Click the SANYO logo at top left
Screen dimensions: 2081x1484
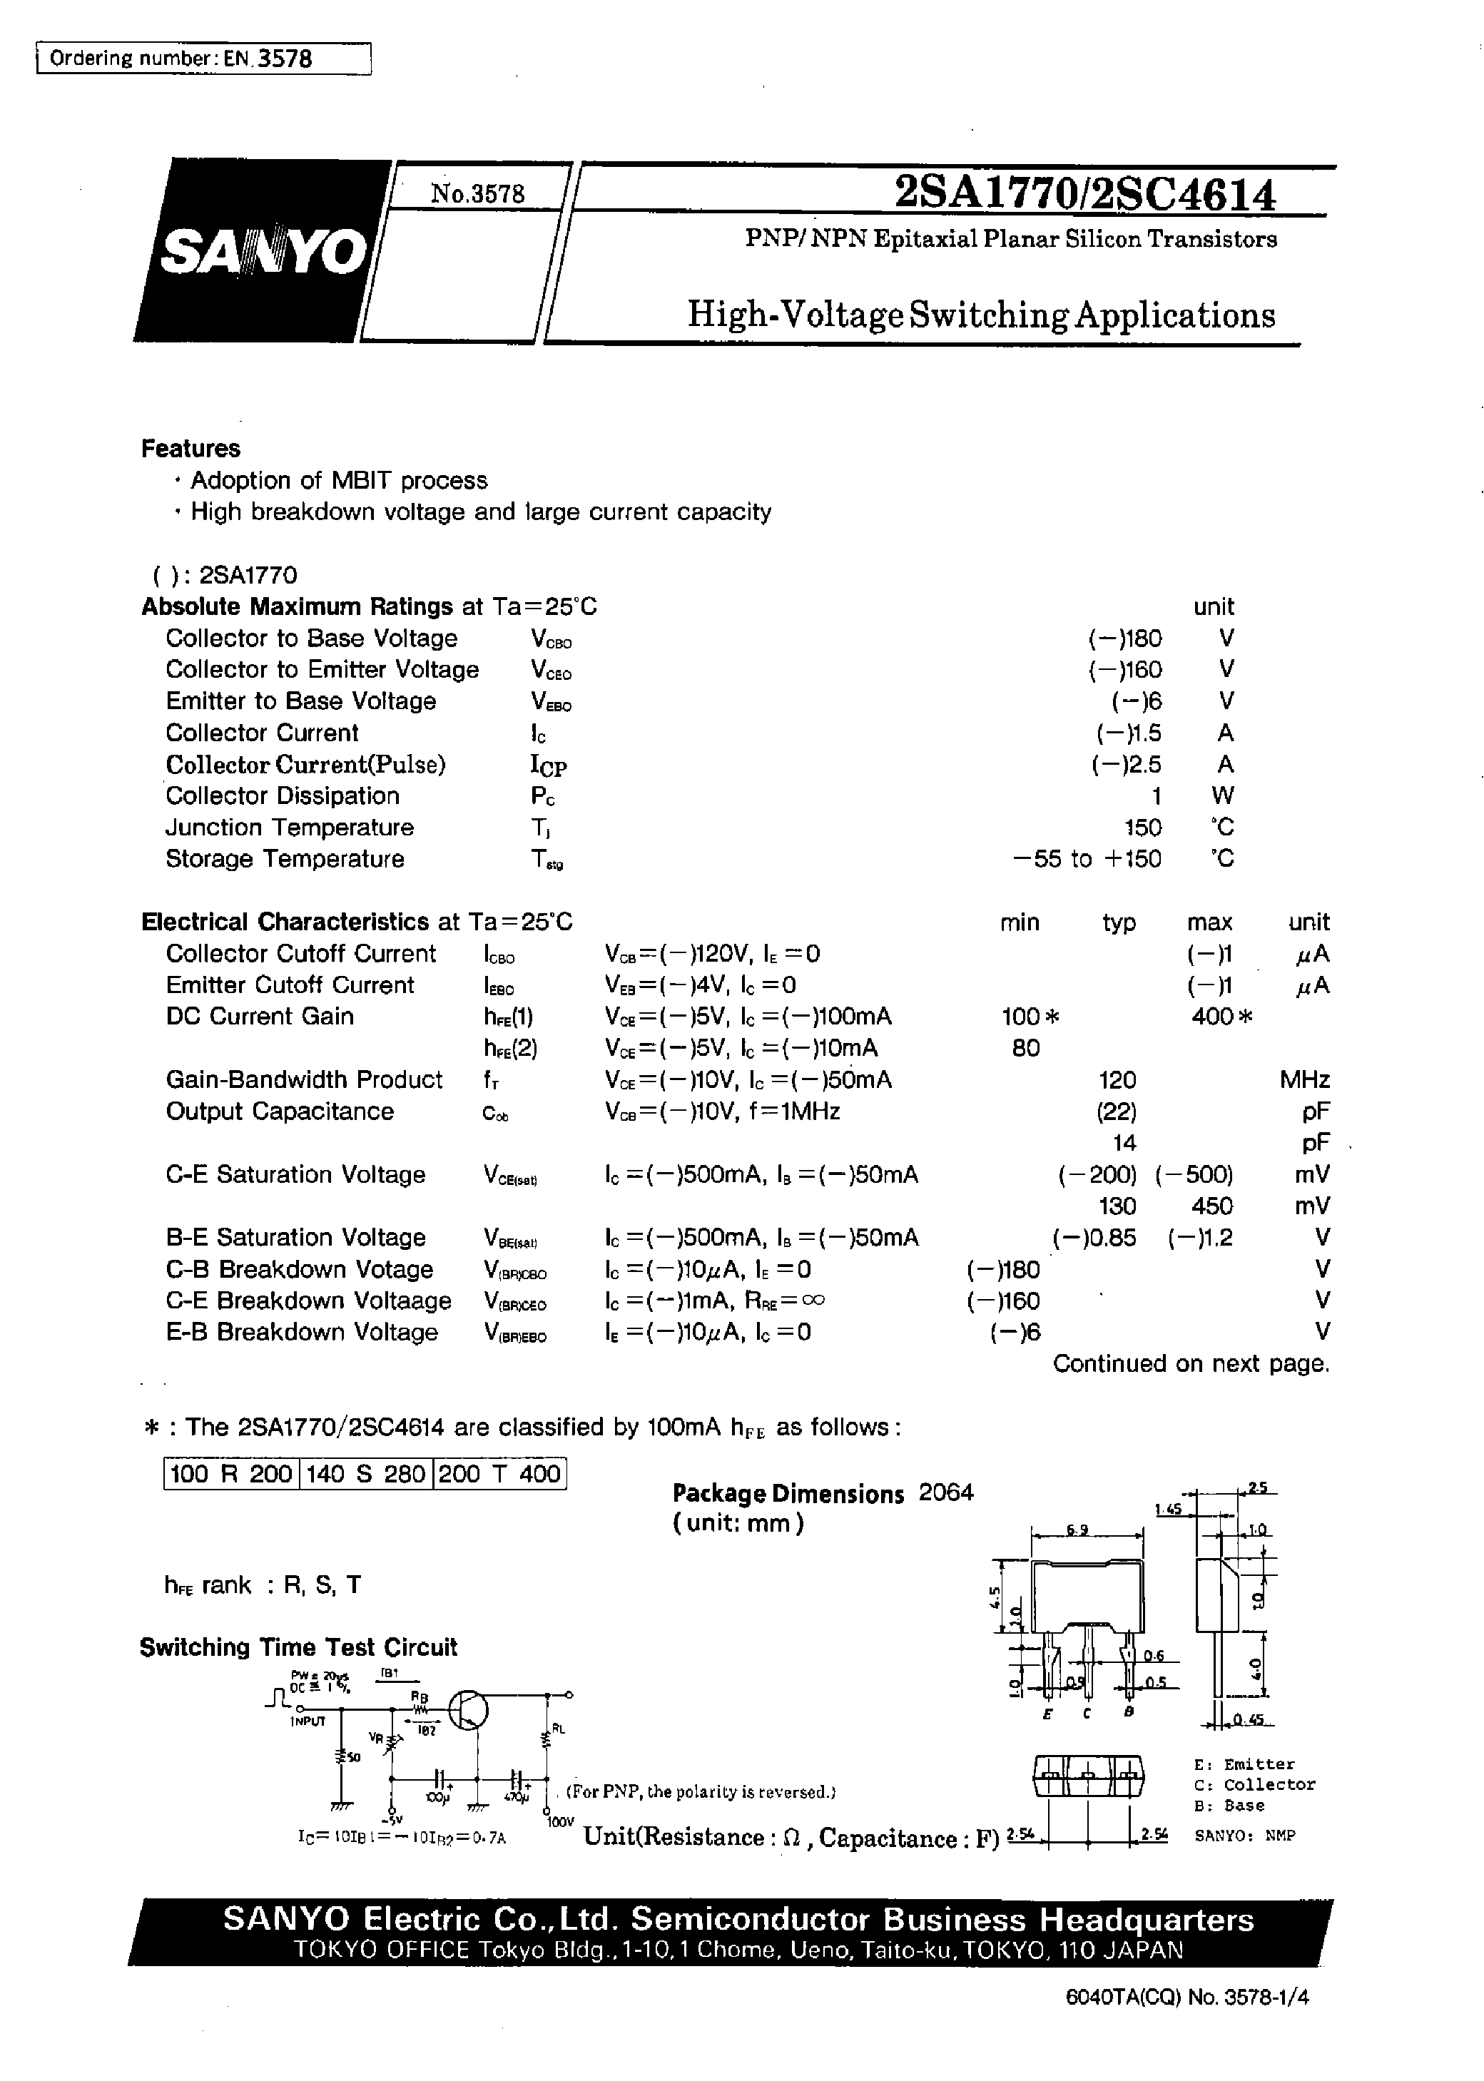(263, 250)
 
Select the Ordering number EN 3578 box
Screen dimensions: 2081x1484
(203, 58)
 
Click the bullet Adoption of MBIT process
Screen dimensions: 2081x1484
(338, 481)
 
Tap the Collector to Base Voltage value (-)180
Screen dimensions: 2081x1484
(1124, 638)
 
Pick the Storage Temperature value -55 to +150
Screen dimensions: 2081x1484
(1087, 859)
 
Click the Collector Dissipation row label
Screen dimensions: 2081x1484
(283, 795)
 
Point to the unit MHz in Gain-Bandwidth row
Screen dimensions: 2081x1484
(1304, 1080)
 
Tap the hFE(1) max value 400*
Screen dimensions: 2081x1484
(1221, 1017)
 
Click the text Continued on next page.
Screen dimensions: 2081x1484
(1191, 1364)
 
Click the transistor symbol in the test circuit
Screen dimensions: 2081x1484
(469, 1707)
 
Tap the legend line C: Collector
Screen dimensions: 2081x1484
(1254, 1785)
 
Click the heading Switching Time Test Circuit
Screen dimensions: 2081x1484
(298, 1647)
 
